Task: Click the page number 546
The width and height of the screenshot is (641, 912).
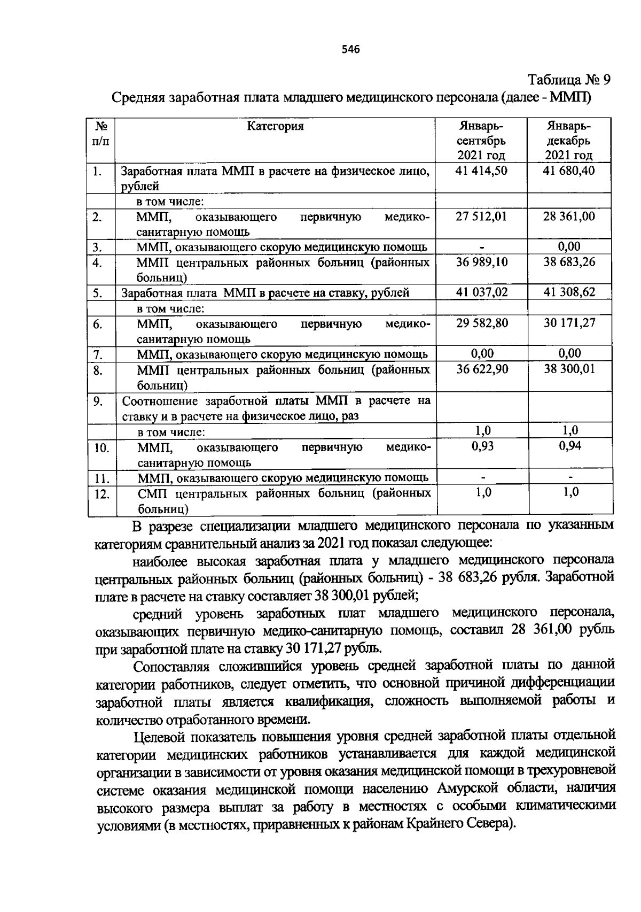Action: pos(351,50)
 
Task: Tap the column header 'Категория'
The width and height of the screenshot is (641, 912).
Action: pos(275,126)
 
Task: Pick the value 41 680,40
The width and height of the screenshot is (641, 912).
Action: pos(569,171)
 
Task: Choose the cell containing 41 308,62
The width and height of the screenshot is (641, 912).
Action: pos(569,292)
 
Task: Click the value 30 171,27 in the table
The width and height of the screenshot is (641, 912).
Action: pos(569,323)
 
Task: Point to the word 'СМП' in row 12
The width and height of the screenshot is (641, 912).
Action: pos(153,493)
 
